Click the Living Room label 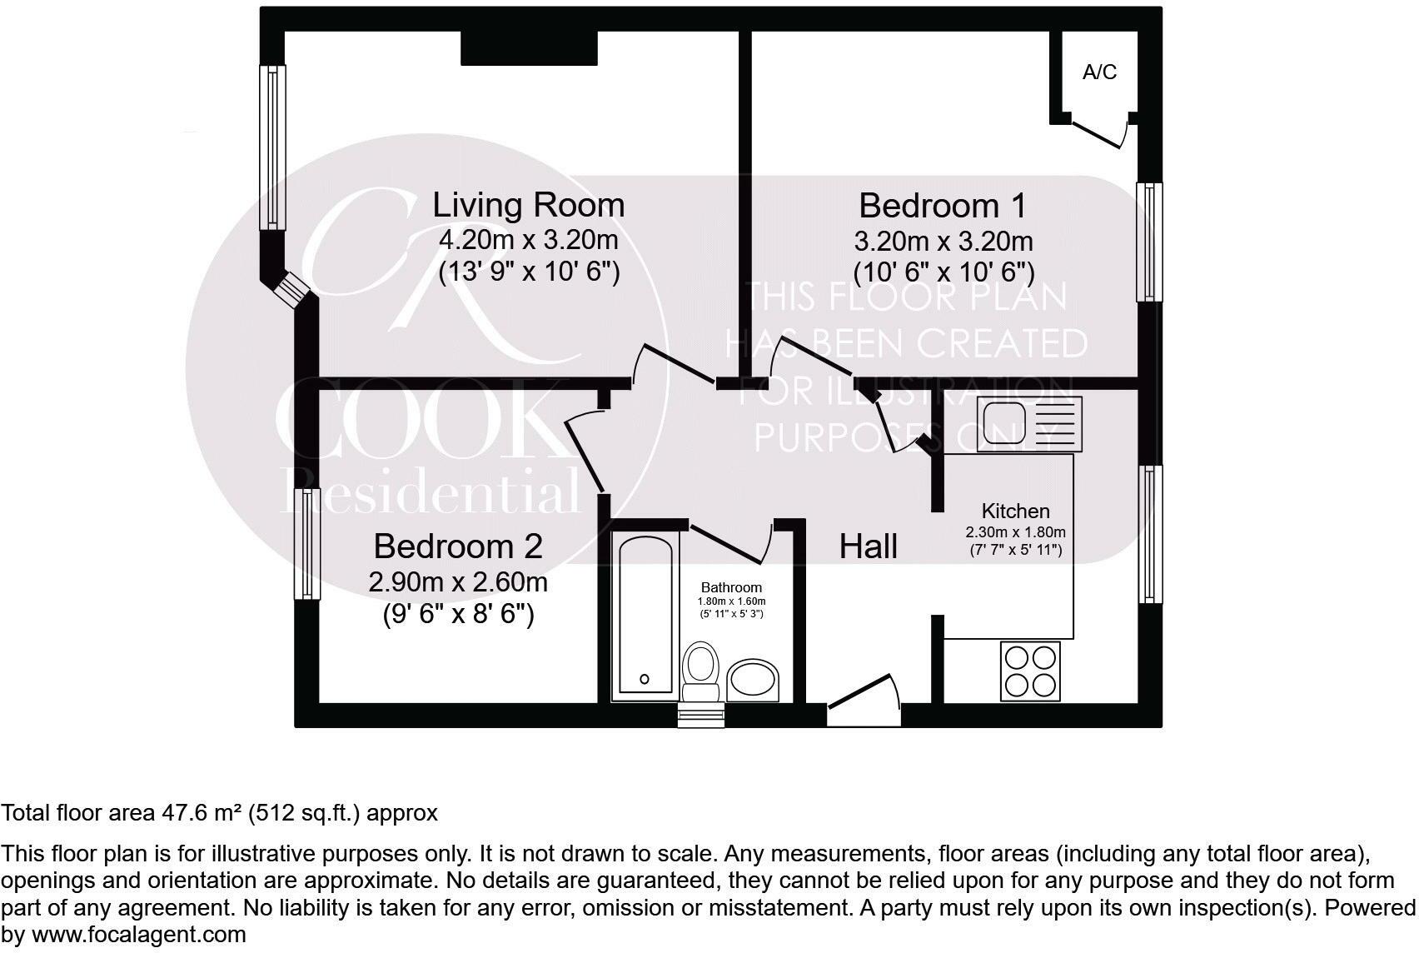point(528,205)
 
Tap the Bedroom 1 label point(943,206)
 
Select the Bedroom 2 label point(458,546)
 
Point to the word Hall point(868,546)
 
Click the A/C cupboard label point(1099,72)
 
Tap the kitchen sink point(1029,423)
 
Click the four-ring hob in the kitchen point(1031,671)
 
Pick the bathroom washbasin point(752,681)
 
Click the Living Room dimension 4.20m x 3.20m point(528,240)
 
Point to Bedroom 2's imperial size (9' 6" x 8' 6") point(458,615)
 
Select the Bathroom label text point(731,587)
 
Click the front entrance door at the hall point(864,701)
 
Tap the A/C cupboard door point(1099,132)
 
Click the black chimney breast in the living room point(529,48)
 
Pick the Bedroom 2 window point(307,544)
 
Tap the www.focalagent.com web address point(139,935)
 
